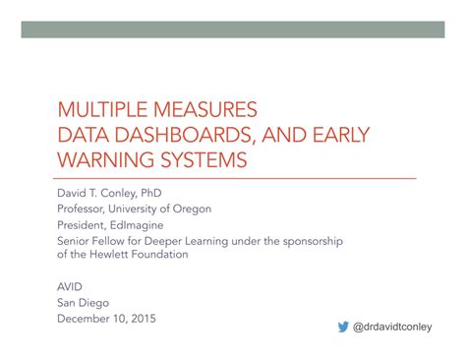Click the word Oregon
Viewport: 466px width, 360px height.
190,209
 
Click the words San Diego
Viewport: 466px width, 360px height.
83,302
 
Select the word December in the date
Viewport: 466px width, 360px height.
86,318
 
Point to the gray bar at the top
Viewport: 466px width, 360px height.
232,30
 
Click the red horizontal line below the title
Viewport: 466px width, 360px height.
232,178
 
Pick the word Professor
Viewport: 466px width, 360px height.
83,209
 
